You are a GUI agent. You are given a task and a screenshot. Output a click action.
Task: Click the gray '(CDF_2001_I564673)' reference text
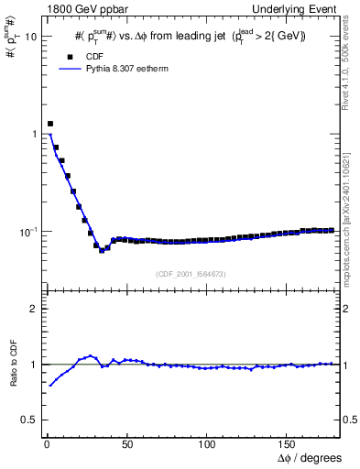click(191, 273)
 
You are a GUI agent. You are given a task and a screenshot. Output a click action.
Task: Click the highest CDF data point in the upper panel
click(50, 124)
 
